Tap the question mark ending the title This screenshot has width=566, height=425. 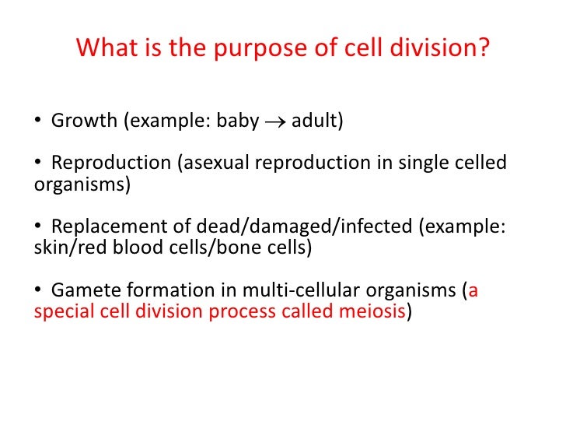484,48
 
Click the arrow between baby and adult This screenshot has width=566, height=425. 275,122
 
